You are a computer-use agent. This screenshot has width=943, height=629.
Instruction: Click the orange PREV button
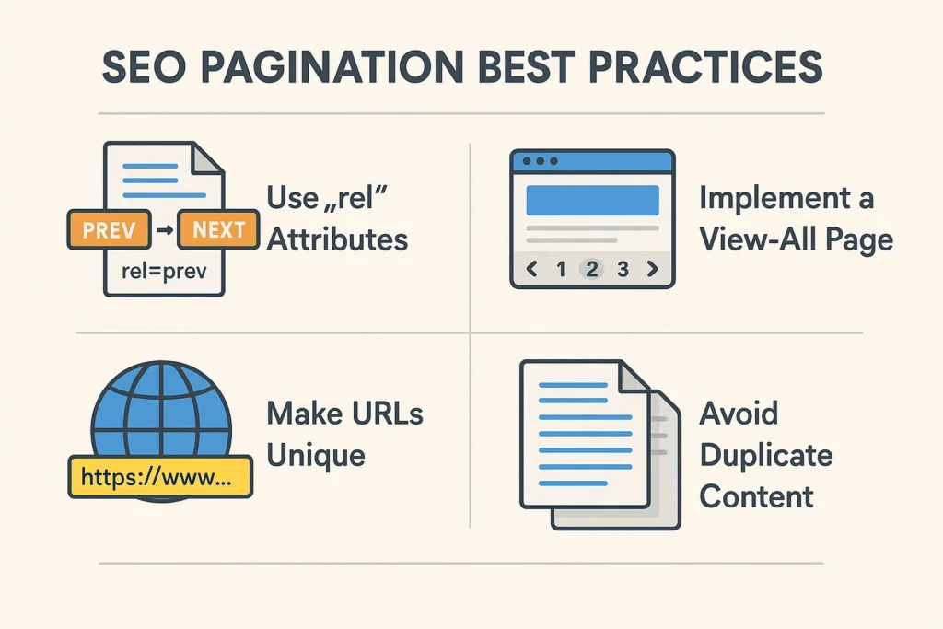(108, 229)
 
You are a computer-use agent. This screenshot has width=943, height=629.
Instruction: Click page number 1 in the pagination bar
(560, 269)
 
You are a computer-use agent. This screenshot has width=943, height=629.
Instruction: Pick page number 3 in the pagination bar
(623, 269)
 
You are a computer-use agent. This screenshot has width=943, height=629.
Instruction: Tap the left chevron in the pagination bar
(530, 269)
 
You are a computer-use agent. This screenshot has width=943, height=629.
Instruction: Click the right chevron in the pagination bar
(654, 269)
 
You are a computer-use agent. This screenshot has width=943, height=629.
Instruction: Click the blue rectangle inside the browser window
(592, 200)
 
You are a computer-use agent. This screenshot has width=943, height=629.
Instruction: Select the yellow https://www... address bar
(160, 478)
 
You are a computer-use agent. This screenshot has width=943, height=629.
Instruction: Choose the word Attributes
(336, 239)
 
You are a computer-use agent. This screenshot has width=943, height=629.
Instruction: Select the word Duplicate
(765, 454)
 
